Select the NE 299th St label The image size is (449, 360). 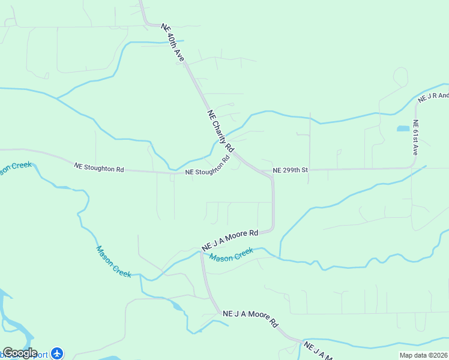[x=290, y=170]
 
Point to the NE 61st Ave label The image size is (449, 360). [x=415, y=138]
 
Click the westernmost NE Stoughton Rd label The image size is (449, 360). [x=98, y=169]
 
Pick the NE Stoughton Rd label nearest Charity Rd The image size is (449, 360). [x=208, y=167]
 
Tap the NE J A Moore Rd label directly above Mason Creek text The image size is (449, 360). [x=230, y=239]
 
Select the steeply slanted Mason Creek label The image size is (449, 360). [x=113, y=262]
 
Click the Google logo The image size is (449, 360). [x=20, y=353]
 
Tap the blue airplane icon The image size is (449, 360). [x=57, y=353]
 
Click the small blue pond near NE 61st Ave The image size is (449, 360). [x=403, y=128]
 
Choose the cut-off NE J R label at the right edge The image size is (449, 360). [x=433, y=97]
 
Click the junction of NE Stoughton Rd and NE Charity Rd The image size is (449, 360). [x=235, y=154]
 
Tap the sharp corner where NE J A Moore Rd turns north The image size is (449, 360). [x=272, y=229]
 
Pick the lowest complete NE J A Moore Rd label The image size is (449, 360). [x=250, y=318]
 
